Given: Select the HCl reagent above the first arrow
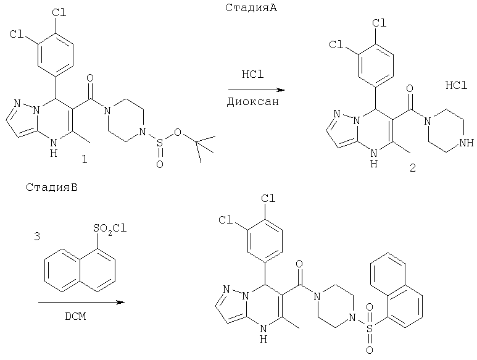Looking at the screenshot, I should click(x=252, y=74).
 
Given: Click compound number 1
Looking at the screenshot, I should click(x=85, y=160).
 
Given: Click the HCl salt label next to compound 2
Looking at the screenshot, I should click(x=456, y=86).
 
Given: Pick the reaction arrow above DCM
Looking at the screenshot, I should click(x=80, y=303).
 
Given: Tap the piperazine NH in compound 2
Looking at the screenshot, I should click(x=467, y=143).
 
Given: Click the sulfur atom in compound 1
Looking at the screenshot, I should click(x=160, y=146).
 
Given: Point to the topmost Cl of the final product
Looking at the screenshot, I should click(x=268, y=199).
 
